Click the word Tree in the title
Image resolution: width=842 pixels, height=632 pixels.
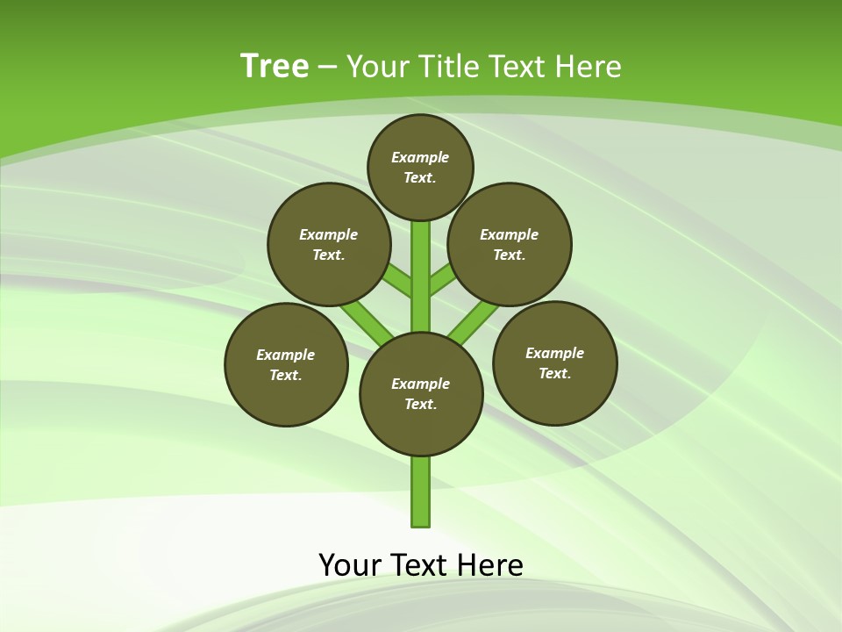pos(275,66)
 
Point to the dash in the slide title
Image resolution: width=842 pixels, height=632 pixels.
pos(327,67)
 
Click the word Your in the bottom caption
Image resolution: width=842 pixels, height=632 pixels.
pos(350,564)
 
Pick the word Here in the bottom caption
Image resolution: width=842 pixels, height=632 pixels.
pos(490,564)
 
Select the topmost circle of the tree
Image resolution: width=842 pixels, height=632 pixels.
pos(420,167)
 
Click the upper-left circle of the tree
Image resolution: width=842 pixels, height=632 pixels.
pos(329,244)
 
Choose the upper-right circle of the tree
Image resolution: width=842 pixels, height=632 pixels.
pos(510,244)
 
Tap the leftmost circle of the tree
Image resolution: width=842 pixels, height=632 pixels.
pos(286,364)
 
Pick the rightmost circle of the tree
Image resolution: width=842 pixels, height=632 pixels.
pos(554,363)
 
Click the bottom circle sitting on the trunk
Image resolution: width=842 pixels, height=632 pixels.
pos(421,393)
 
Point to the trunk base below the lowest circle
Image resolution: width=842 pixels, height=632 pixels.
pos(421,492)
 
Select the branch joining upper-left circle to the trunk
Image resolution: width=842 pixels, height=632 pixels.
pos(398,282)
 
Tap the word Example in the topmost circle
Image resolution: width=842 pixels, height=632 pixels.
pos(420,157)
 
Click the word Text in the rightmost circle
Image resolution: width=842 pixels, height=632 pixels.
pos(554,373)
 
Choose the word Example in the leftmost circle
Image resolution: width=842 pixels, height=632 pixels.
pos(286,355)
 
